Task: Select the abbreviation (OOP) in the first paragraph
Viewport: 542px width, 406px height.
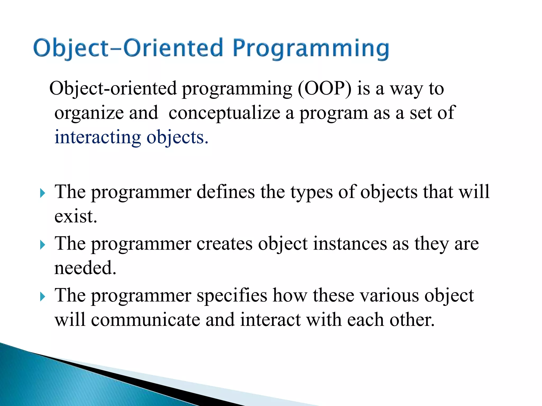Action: click(x=325, y=88)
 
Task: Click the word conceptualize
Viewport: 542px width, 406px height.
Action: click(x=224, y=113)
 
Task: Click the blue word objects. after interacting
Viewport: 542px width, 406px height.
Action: click(x=177, y=138)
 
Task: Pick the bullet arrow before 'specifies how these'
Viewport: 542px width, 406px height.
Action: click(x=42, y=297)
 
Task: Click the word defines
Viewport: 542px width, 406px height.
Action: click(x=225, y=192)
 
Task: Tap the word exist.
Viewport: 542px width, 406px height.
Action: click(x=76, y=216)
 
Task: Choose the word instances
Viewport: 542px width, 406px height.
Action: click(x=350, y=243)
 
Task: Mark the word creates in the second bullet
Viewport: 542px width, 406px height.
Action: click(x=224, y=243)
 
